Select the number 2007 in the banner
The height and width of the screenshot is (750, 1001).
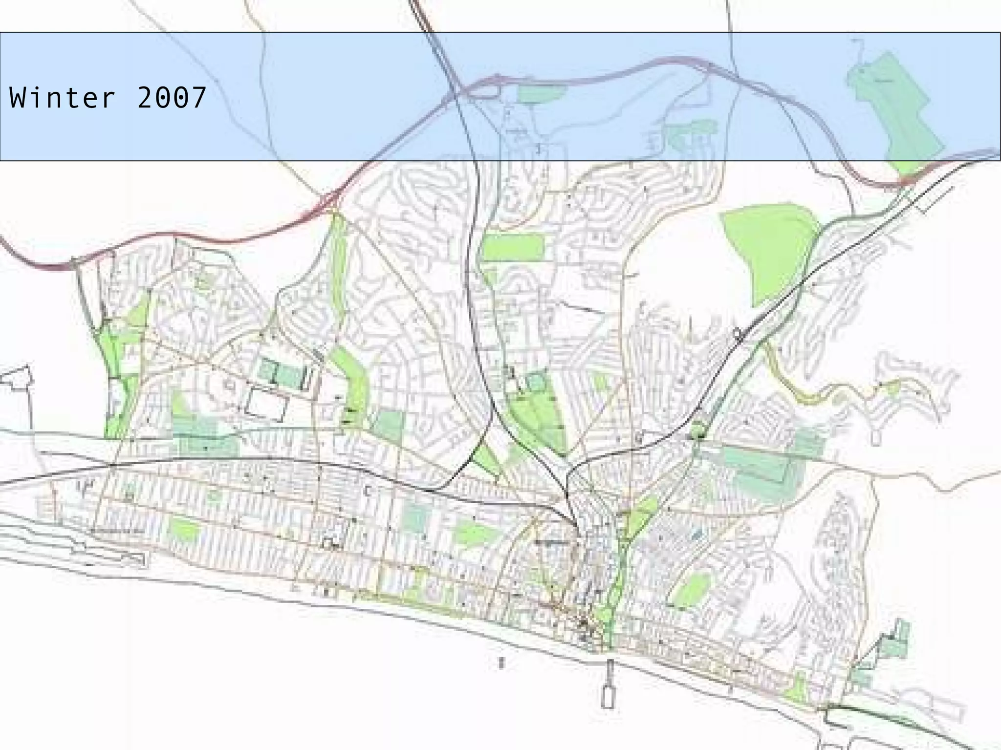[x=172, y=98]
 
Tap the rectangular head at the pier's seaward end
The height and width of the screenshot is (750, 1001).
[x=607, y=696]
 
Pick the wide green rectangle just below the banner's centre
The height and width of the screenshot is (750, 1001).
[x=513, y=247]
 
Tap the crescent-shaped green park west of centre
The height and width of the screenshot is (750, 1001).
[x=354, y=381]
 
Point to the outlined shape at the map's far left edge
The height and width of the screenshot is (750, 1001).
[x=17, y=379]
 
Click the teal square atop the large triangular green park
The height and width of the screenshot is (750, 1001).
[x=536, y=381]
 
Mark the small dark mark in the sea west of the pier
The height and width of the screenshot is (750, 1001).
[x=500, y=663]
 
